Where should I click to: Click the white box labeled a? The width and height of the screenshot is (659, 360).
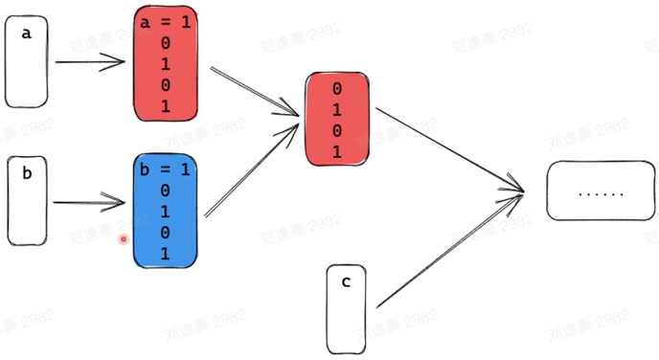26,64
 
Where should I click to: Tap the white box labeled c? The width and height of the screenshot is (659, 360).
346,308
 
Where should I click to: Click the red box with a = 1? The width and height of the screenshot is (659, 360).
166,64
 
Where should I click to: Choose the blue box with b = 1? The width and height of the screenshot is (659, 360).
165,211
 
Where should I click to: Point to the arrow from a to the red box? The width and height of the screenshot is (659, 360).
91,63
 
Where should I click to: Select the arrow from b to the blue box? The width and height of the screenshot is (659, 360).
91,202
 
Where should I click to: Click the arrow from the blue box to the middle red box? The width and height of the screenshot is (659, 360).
251,167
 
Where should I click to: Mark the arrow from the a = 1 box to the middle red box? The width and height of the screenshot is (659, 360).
251,92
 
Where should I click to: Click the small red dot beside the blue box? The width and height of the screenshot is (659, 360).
123,238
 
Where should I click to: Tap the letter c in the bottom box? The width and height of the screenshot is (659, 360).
346,281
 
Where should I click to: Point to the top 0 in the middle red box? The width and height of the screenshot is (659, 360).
336,89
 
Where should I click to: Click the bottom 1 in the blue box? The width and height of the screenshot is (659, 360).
165,253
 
